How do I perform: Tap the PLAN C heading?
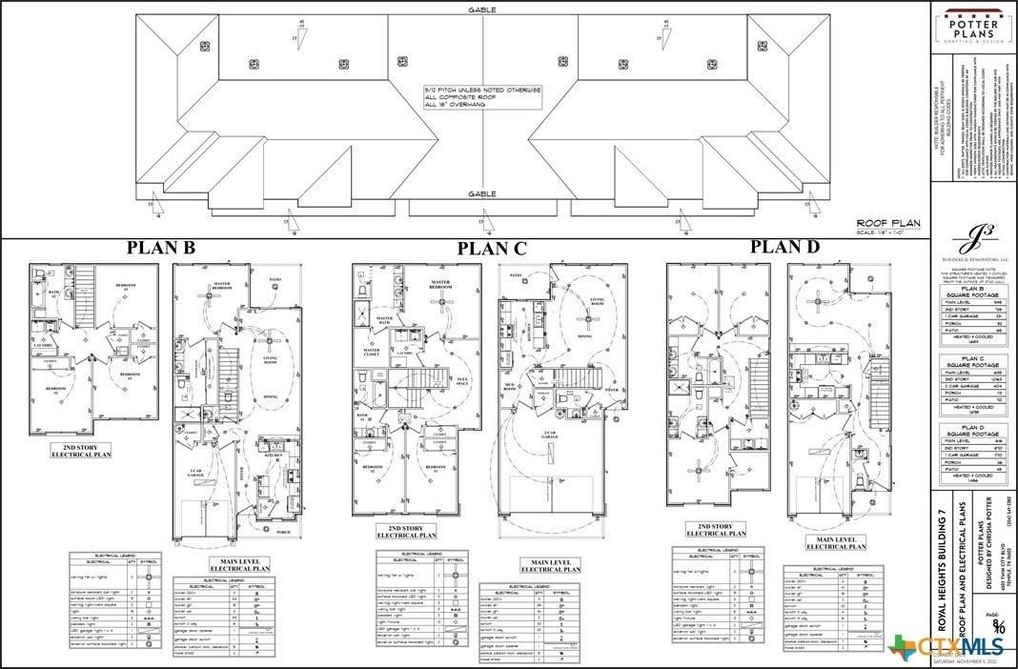click(492, 249)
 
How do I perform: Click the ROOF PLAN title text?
click(887, 223)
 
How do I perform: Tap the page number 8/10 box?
click(997, 625)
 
